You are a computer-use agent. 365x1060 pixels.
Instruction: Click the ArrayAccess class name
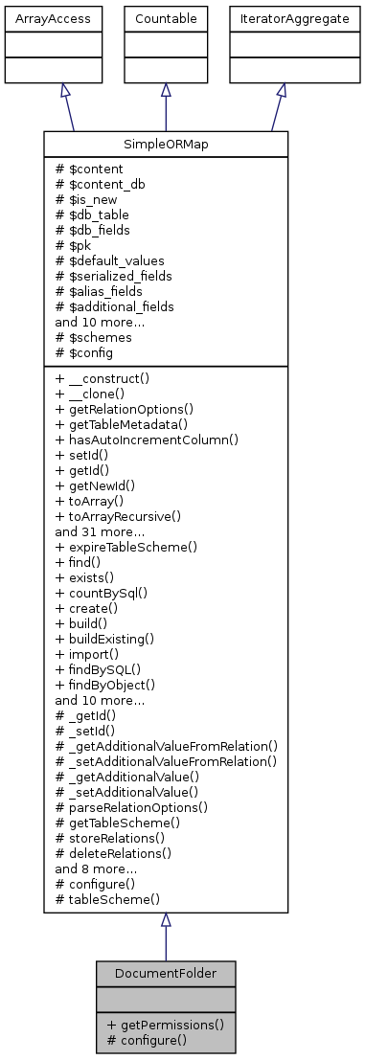[39, 18]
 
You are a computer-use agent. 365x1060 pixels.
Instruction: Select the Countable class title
[166, 18]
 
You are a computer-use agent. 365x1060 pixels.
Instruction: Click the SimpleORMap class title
[166, 144]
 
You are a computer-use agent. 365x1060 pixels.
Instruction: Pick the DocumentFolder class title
[166, 973]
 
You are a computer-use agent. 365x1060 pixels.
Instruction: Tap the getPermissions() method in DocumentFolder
[166, 1024]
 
